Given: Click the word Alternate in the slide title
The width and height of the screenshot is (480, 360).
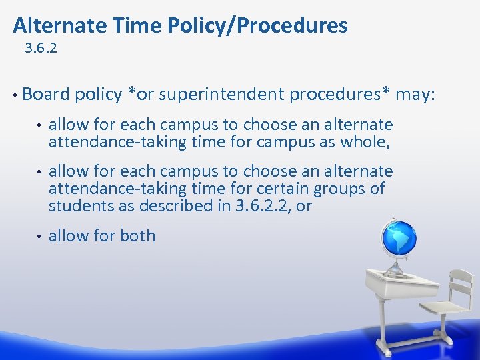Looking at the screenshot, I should pos(55,25).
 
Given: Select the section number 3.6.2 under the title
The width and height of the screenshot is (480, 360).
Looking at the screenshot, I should pos(41,49).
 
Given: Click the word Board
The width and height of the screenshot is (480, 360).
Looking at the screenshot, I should pos(45,94).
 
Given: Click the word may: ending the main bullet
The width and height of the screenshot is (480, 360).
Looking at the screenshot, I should pos(415,94).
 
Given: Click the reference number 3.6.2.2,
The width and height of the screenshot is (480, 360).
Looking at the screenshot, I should pos(265,206).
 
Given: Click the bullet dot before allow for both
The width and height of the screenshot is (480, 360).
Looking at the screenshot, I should pos(39,236).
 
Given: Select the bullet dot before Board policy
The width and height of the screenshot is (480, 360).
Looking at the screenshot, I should pos(15,94).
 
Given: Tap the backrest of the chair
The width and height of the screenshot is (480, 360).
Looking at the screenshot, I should pos(460,283).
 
